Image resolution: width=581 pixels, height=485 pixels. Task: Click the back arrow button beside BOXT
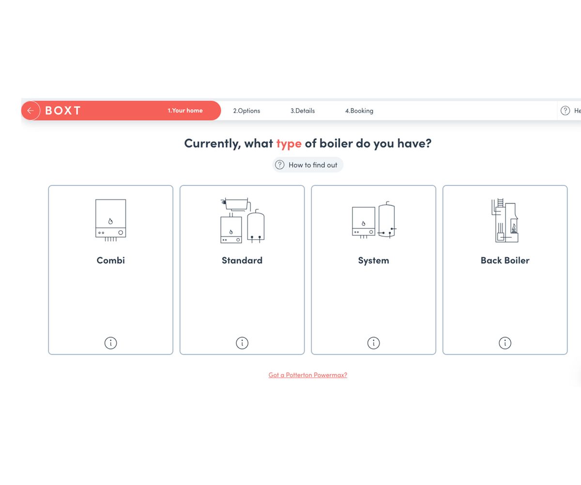click(31, 111)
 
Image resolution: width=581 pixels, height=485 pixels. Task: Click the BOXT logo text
click(63, 111)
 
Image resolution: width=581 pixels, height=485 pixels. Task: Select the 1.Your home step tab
click(185, 111)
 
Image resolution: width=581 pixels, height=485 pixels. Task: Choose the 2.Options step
click(246, 111)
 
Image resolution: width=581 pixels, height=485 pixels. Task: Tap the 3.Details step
click(303, 111)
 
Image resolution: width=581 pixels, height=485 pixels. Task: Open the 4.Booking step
click(359, 111)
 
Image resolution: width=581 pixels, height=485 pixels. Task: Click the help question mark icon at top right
click(565, 111)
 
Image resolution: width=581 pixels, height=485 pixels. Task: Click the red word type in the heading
click(289, 144)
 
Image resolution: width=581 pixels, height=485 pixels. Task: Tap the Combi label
click(111, 260)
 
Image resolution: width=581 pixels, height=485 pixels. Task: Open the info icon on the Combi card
click(111, 343)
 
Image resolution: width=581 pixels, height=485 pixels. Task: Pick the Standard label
click(242, 260)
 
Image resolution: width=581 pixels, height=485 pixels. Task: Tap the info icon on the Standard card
click(242, 343)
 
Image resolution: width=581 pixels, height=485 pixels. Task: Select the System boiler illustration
click(373, 221)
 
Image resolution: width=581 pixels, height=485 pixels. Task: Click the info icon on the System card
click(373, 343)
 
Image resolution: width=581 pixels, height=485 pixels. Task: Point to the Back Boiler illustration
click(505, 221)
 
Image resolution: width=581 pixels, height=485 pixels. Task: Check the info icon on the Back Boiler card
click(505, 343)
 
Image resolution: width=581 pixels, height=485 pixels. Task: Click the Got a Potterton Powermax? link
click(308, 375)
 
